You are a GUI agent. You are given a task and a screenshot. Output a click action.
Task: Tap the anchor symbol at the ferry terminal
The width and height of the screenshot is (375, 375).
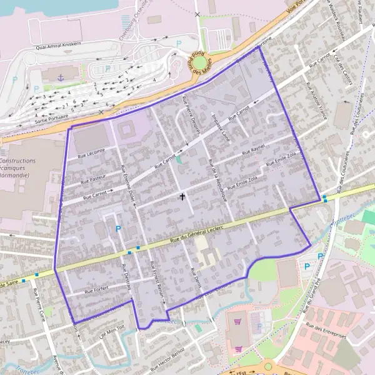[x=61, y=77]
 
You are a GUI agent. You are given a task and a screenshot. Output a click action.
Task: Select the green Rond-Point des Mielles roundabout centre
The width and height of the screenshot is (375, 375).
[x=199, y=63]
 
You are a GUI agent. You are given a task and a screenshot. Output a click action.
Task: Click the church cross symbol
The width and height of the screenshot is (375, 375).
[x=182, y=197]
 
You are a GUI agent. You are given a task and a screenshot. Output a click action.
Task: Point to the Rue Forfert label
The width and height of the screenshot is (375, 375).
[x=96, y=290]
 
